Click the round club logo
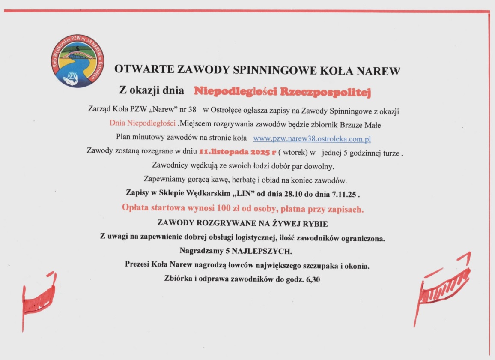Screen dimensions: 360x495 (x=78, y=61)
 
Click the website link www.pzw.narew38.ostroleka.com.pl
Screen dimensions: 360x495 (x=312, y=139)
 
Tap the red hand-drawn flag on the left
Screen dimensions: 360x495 (x=39, y=296)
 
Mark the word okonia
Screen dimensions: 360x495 (x=358, y=265)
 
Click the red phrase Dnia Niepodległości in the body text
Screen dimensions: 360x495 (x=143, y=124)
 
